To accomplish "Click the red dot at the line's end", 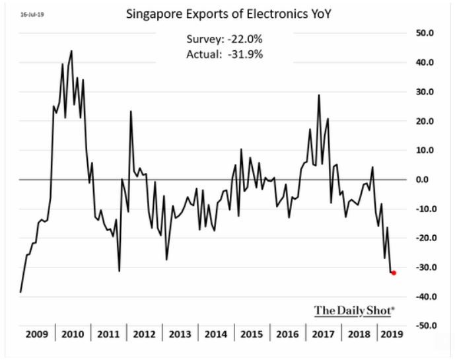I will [394, 273].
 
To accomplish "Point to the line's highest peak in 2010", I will [71, 51].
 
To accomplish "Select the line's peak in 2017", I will [320, 95].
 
